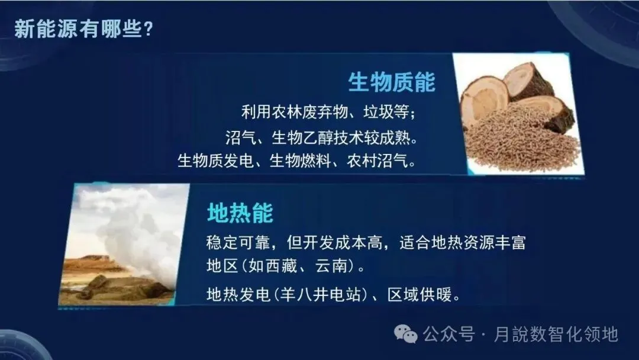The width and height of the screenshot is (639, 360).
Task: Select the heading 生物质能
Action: point(392,82)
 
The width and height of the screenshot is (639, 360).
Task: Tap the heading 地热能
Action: point(240,213)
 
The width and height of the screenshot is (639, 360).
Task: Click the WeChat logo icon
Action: point(405,334)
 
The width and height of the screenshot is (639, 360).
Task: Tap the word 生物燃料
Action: point(300,160)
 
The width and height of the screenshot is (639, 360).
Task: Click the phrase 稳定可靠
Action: point(238,243)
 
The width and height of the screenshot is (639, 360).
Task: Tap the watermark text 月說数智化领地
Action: point(556,335)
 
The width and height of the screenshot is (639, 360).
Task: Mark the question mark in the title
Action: point(149,30)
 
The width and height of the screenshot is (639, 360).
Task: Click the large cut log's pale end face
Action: point(484,99)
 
